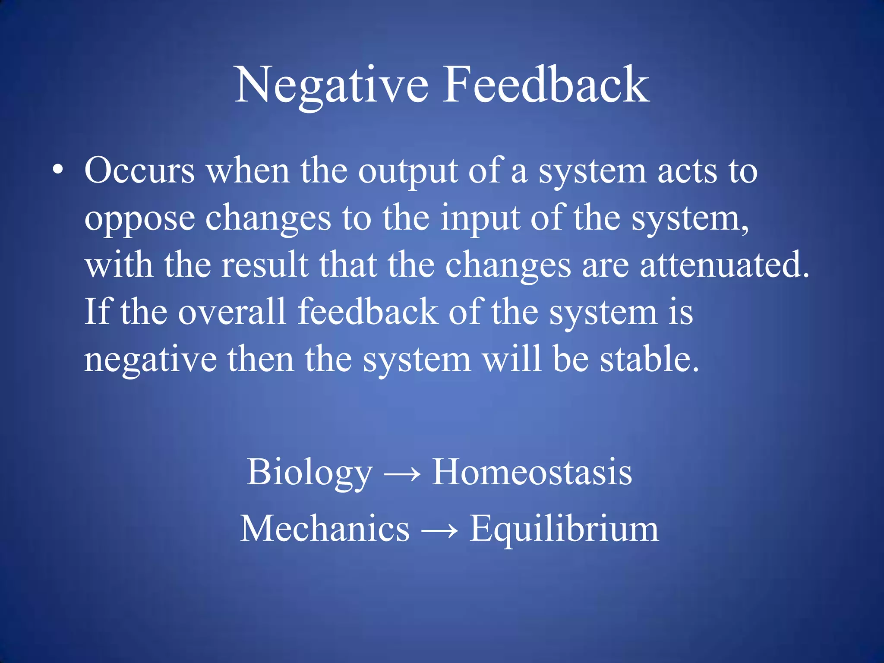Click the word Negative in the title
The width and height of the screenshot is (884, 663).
coord(331,85)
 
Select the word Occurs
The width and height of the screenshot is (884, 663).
coord(139,171)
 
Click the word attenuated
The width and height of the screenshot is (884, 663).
coord(724,265)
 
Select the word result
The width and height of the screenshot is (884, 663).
coord(265,265)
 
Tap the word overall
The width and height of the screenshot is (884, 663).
coord(232,312)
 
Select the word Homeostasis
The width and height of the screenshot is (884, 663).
coord(532,472)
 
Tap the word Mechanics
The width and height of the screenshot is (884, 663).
coord(325,529)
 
